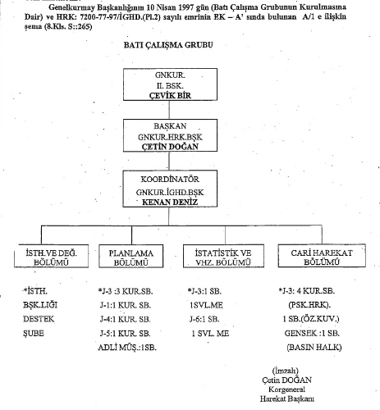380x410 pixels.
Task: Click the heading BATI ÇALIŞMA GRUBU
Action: click(168, 45)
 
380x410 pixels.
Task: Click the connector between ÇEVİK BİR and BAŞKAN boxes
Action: click(169, 110)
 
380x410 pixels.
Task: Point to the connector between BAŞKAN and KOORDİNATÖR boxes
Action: click(169, 161)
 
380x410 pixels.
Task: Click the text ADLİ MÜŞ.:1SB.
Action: click(127, 348)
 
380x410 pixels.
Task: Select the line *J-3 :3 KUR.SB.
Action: click(126, 291)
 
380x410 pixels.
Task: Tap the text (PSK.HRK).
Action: click(309, 305)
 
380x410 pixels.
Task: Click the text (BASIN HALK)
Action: click(314, 348)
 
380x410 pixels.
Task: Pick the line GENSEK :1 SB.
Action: click(312, 333)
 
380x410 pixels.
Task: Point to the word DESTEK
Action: click(39, 319)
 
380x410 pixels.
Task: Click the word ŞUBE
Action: click(34, 334)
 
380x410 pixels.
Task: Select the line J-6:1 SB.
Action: click(204, 319)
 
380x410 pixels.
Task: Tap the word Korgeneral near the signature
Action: click(286, 389)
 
